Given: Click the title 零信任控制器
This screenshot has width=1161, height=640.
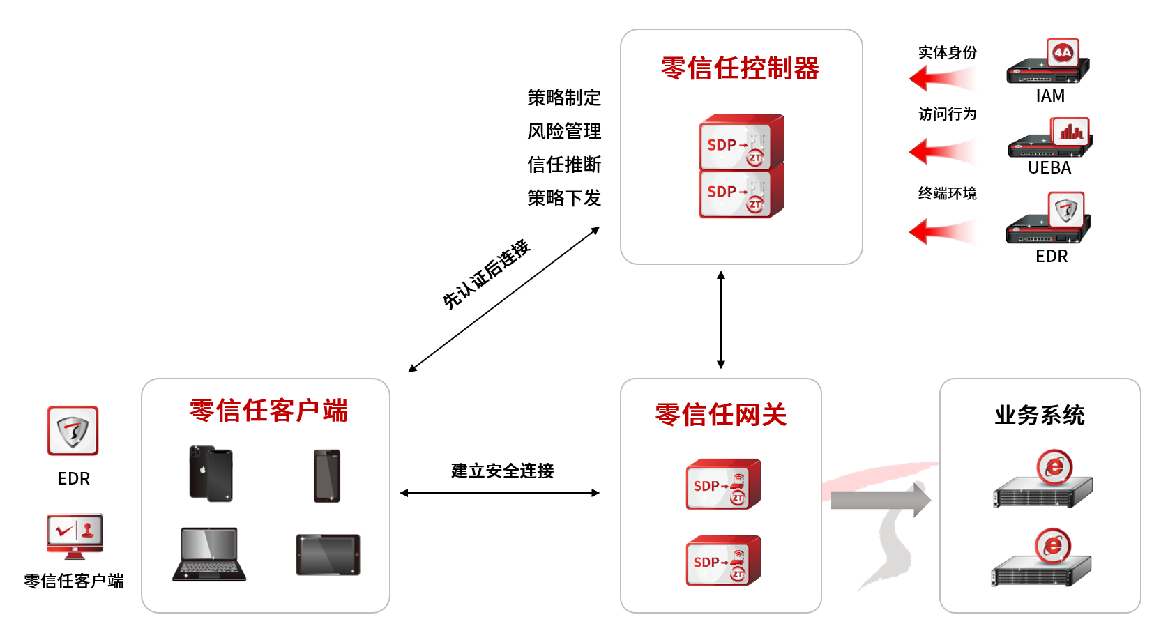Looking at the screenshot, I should (740, 68).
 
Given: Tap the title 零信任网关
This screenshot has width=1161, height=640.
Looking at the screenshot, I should (721, 415).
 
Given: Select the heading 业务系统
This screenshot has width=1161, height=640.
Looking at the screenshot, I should (1040, 415).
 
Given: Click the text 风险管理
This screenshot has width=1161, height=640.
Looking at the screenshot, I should (564, 131).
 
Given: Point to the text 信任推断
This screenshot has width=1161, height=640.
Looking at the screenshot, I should (564, 165).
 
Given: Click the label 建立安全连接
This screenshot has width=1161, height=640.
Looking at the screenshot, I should (502, 471).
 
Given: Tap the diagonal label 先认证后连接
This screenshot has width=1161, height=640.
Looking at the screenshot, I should (487, 275).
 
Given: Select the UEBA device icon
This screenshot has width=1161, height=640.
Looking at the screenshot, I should (1050, 139).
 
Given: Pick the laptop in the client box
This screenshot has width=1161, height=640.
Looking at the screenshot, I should (209, 554).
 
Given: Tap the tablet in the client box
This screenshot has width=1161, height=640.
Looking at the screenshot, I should (328, 555).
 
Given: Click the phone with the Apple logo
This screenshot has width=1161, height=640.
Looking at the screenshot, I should (211, 473).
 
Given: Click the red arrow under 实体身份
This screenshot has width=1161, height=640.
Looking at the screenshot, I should (941, 79).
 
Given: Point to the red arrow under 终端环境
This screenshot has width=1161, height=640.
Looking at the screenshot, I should (941, 231).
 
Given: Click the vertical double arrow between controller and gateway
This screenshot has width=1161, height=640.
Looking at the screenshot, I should (721, 320).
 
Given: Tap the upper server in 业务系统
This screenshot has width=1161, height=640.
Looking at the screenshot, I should (1044, 481).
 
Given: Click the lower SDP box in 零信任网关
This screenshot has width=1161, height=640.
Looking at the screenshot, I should (723, 561).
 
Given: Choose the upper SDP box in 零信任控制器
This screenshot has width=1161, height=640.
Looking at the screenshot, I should (741, 142).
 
